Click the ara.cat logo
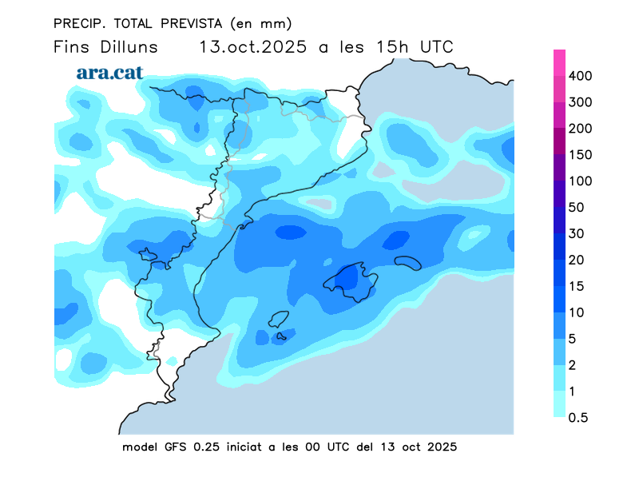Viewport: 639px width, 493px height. point(110,72)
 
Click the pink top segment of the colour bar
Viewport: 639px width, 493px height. point(560,62)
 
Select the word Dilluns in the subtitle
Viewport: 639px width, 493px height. point(129,46)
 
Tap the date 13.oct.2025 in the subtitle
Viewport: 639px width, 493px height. point(254,46)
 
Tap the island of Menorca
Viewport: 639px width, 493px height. point(407,262)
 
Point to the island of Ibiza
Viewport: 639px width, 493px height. point(279,320)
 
